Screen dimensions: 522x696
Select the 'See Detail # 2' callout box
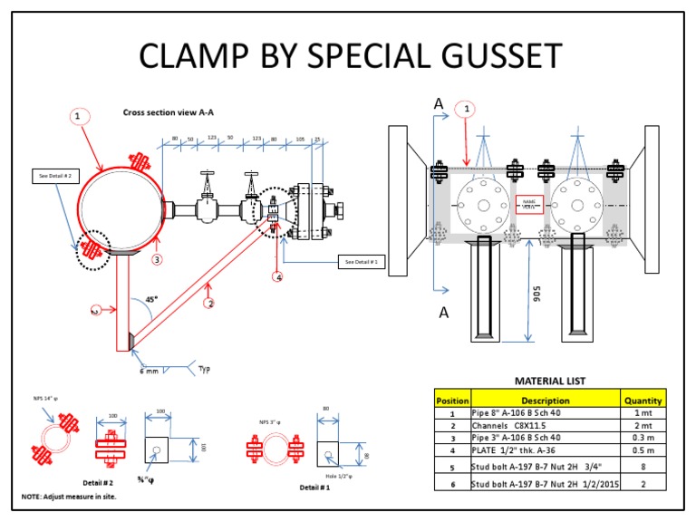coord(55,175)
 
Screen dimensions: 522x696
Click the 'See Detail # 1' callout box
coord(361,262)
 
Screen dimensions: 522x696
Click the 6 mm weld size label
coord(149,370)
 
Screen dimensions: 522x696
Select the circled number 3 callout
coord(157,259)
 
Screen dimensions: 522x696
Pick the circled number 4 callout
coord(278,276)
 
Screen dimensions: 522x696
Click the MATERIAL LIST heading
coord(550,382)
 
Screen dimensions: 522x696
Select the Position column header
coord(452,400)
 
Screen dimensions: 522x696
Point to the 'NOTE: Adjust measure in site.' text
coord(69,497)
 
